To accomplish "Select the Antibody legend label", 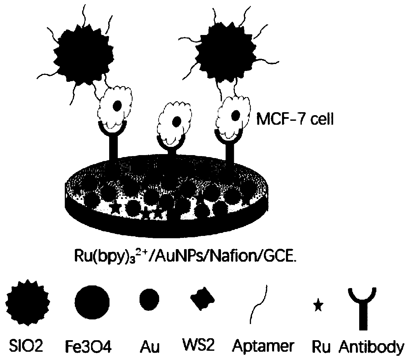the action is tap(371, 346).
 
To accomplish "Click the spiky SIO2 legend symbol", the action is tap(28, 302).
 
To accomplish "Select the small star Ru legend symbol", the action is tap(318, 306).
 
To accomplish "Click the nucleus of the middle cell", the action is tap(177, 120).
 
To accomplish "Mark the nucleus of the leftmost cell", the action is tap(117, 106).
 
